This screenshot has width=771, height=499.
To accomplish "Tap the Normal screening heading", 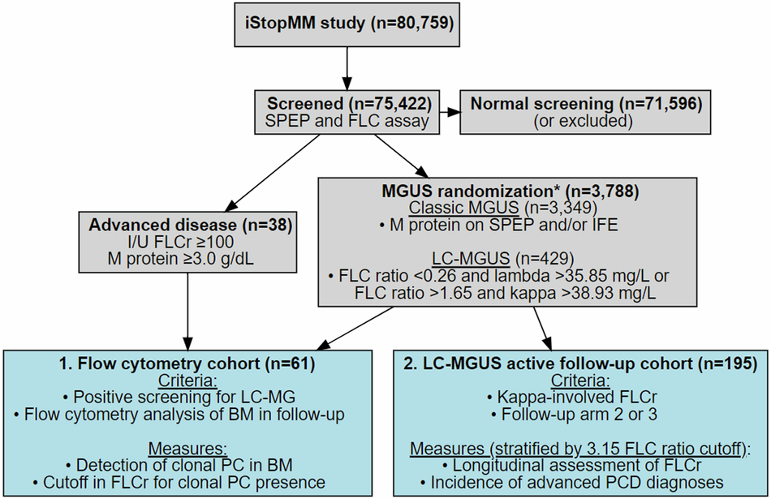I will tap(581, 104).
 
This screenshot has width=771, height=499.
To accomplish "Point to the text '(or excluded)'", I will tap(581, 121).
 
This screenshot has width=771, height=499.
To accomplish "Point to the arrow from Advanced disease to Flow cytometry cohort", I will tap(188, 312).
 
